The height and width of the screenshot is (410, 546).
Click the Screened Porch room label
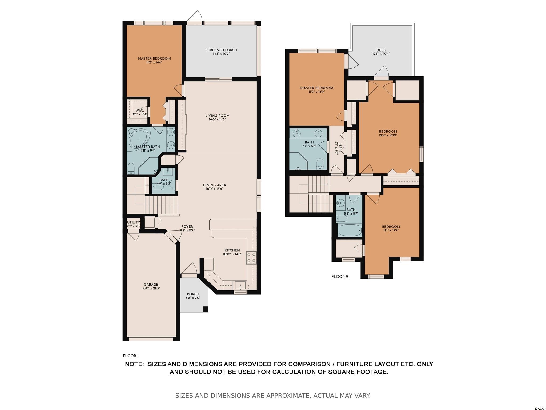(x=221, y=50)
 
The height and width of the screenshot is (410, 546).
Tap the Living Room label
(x=217, y=116)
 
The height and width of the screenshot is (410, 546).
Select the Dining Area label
(x=214, y=185)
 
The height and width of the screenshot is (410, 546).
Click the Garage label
(x=151, y=285)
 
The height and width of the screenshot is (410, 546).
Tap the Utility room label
(x=133, y=222)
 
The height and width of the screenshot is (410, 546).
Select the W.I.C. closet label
(x=140, y=111)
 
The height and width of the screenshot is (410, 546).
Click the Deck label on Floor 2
(x=381, y=50)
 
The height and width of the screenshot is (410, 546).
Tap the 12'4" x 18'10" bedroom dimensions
(x=388, y=135)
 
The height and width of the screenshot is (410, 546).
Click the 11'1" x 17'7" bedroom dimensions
(x=391, y=231)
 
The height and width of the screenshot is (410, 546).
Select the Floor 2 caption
(x=340, y=277)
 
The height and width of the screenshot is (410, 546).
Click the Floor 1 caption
(x=131, y=356)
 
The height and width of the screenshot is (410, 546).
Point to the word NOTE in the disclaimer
(x=134, y=364)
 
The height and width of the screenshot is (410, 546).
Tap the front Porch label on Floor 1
(x=193, y=294)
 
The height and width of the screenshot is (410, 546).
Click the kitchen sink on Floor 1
(x=240, y=285)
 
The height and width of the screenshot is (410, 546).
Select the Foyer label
(x=187, y=227)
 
